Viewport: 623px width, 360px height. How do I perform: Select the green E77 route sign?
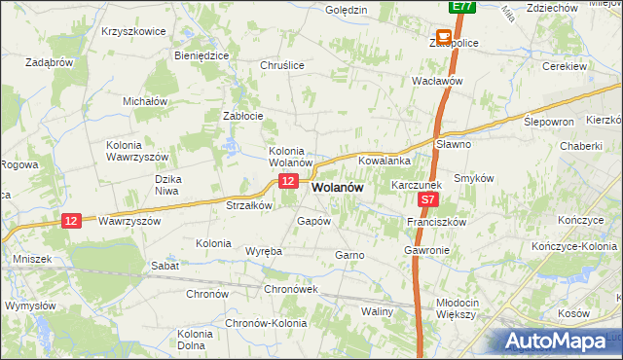462,7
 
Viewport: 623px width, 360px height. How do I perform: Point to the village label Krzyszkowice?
133,30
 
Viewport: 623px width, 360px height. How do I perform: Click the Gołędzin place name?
347,10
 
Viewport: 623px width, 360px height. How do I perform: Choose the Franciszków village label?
437,222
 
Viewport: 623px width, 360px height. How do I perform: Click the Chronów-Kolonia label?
266,324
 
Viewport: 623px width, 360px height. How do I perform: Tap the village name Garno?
349,255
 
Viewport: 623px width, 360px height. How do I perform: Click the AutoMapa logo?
560,341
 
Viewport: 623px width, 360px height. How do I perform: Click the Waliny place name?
377,311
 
